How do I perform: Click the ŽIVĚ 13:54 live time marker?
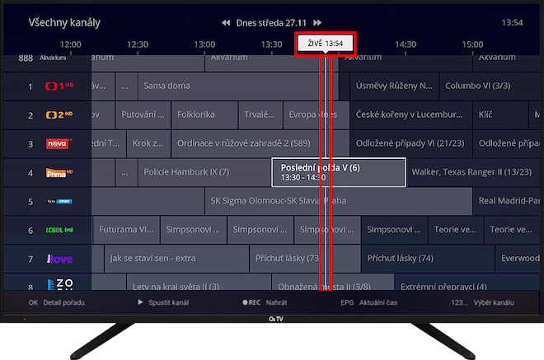tap(325, 44)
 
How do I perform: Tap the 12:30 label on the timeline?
tap(138, 44)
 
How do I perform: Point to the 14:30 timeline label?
tap(406, 44)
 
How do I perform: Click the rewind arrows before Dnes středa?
tap(226, 23)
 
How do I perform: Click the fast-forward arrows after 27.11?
tap(317, 23)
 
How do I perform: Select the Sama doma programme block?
tap(166, 86)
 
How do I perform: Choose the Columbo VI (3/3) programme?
tap(478, 86)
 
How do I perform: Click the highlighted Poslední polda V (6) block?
tap(339, 172)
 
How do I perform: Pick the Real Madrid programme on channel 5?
tap(509, 201)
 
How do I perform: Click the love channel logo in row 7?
tap(59, 259)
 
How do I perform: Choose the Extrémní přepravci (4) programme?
tap(443, 287)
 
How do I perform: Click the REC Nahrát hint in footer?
tap(265, 302)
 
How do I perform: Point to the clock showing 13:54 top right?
tap(513, 22)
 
